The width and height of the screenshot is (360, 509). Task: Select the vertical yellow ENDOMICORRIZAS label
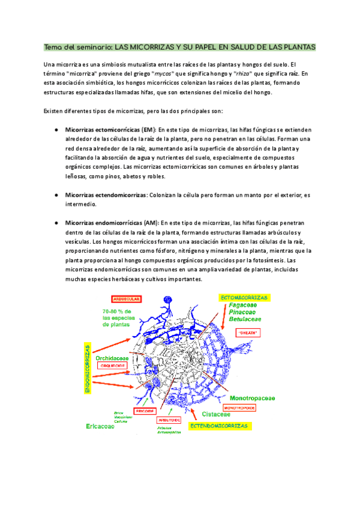click(x=88, y=369)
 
